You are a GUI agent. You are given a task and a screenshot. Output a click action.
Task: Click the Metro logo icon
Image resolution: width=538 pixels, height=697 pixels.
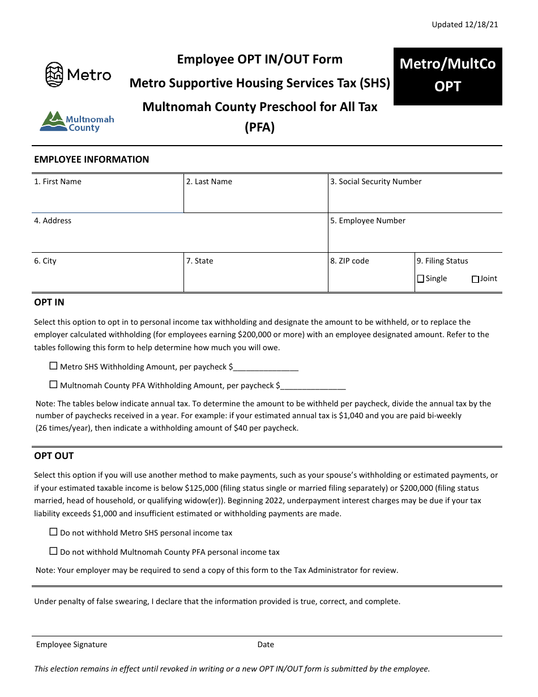(x=54, y=74)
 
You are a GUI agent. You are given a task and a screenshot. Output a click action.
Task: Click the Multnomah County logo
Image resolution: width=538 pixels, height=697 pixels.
(x=76, y=121)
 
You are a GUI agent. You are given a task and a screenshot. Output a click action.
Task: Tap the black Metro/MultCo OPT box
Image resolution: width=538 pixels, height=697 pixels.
(x=447, y=76)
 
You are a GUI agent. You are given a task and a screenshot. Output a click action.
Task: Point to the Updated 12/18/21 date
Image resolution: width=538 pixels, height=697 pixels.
(x=464, y=24)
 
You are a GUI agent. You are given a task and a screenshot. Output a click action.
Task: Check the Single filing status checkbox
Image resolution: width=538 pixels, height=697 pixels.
(x=421, y=279)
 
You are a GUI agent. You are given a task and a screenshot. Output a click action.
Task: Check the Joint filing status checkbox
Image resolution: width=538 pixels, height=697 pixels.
(x=475, y=279)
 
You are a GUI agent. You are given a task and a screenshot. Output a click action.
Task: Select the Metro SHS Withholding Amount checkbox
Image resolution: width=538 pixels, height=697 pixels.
(x=54, y=366)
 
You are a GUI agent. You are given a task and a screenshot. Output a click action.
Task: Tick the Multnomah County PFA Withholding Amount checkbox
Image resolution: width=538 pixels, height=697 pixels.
(x=54, y=385)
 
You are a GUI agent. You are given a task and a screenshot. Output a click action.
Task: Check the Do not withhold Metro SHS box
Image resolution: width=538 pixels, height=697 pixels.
(x=54, y=532)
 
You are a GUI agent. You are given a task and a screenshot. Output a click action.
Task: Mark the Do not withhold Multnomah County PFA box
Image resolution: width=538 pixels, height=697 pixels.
(x=54, y=551)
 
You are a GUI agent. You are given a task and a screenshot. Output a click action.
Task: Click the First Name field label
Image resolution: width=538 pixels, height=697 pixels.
(x=58, y=182)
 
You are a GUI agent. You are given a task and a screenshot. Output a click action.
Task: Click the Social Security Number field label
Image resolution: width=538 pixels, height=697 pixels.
(x=376, y=182)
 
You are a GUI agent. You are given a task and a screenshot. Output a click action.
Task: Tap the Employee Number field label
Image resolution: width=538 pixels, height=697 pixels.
(x=368, y=221)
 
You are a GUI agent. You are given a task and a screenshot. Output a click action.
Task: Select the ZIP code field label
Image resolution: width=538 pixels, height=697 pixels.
(x=350, y=261)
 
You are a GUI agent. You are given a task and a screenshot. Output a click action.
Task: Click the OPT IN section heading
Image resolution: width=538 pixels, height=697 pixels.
(x=49, y=303)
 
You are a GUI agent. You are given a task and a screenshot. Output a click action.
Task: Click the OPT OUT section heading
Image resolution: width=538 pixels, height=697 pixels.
(x=54, y=456)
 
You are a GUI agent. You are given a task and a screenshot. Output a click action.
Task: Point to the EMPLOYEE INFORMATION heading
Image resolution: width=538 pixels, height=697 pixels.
(x=92, y=160)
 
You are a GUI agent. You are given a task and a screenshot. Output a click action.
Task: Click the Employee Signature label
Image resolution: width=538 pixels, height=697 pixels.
(x=71, y=645)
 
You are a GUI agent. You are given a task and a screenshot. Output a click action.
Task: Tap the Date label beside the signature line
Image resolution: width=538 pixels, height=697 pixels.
(x=266, y=645)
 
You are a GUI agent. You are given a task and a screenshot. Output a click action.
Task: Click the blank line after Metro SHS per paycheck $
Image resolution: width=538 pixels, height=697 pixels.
(x=266, y=367)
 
